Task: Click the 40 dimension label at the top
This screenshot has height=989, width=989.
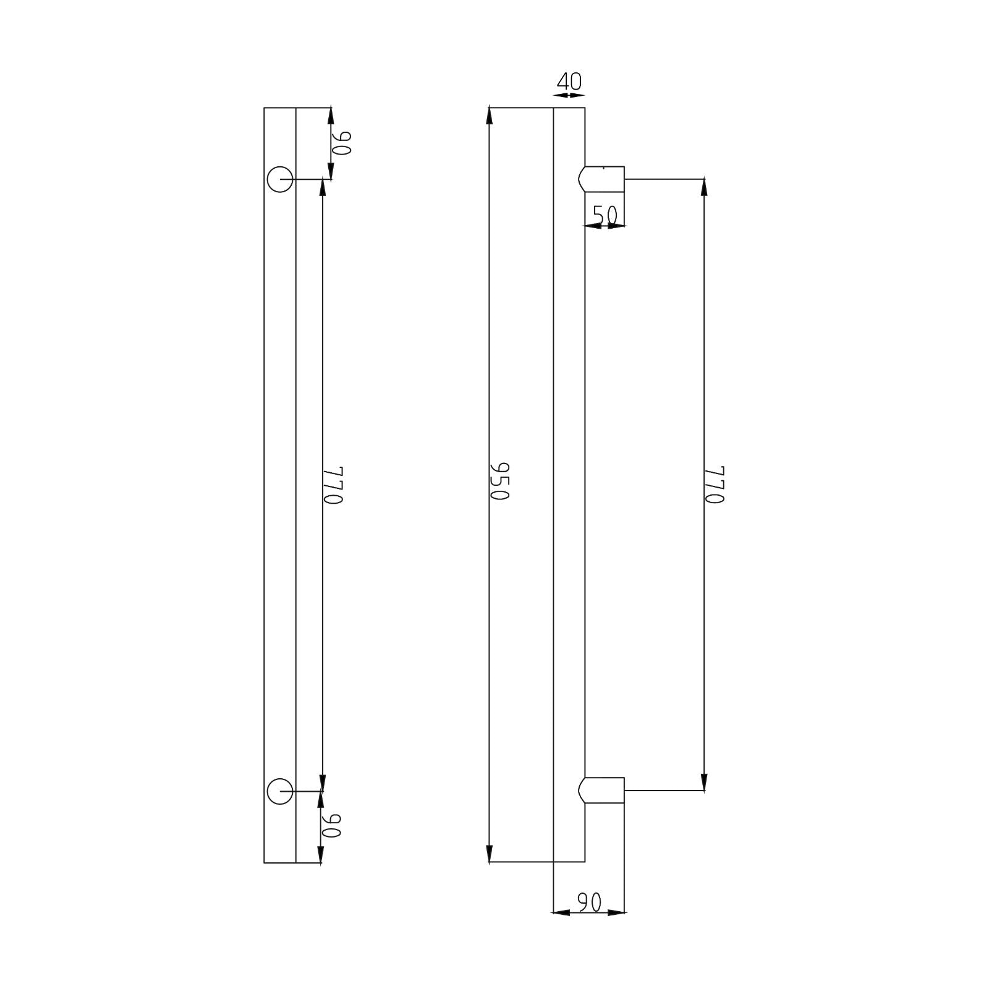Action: coord(569,82)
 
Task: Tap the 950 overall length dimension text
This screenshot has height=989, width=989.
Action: coord(499,482)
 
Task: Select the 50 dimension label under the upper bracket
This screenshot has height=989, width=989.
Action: coord(605,214)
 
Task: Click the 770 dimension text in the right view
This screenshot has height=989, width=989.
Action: coord(714,485)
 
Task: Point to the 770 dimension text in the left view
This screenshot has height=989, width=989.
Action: coord(333,485)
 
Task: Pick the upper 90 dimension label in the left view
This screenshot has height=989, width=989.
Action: coord(341,143)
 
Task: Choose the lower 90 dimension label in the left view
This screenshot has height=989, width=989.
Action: coord(332,825)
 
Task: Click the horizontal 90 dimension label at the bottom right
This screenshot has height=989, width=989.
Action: coord(589,903)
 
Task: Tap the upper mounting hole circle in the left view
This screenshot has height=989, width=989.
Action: coord(280,179)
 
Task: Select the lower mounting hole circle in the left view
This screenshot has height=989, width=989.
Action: coord(280,791)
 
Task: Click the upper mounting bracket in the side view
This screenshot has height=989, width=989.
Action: coord(603,179)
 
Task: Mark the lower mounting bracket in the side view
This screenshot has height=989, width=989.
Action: coord(603,791)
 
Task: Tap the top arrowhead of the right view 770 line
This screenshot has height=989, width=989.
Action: coord(704,187)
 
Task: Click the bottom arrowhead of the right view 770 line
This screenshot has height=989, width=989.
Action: coord(704,782)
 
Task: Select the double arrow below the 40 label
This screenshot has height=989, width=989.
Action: coord(569,96)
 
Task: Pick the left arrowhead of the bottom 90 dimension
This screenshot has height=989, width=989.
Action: coord(560,912)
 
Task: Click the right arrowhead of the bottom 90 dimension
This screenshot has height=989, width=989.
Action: coord(616,912)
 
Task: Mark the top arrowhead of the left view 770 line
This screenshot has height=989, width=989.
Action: coord(322,187)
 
